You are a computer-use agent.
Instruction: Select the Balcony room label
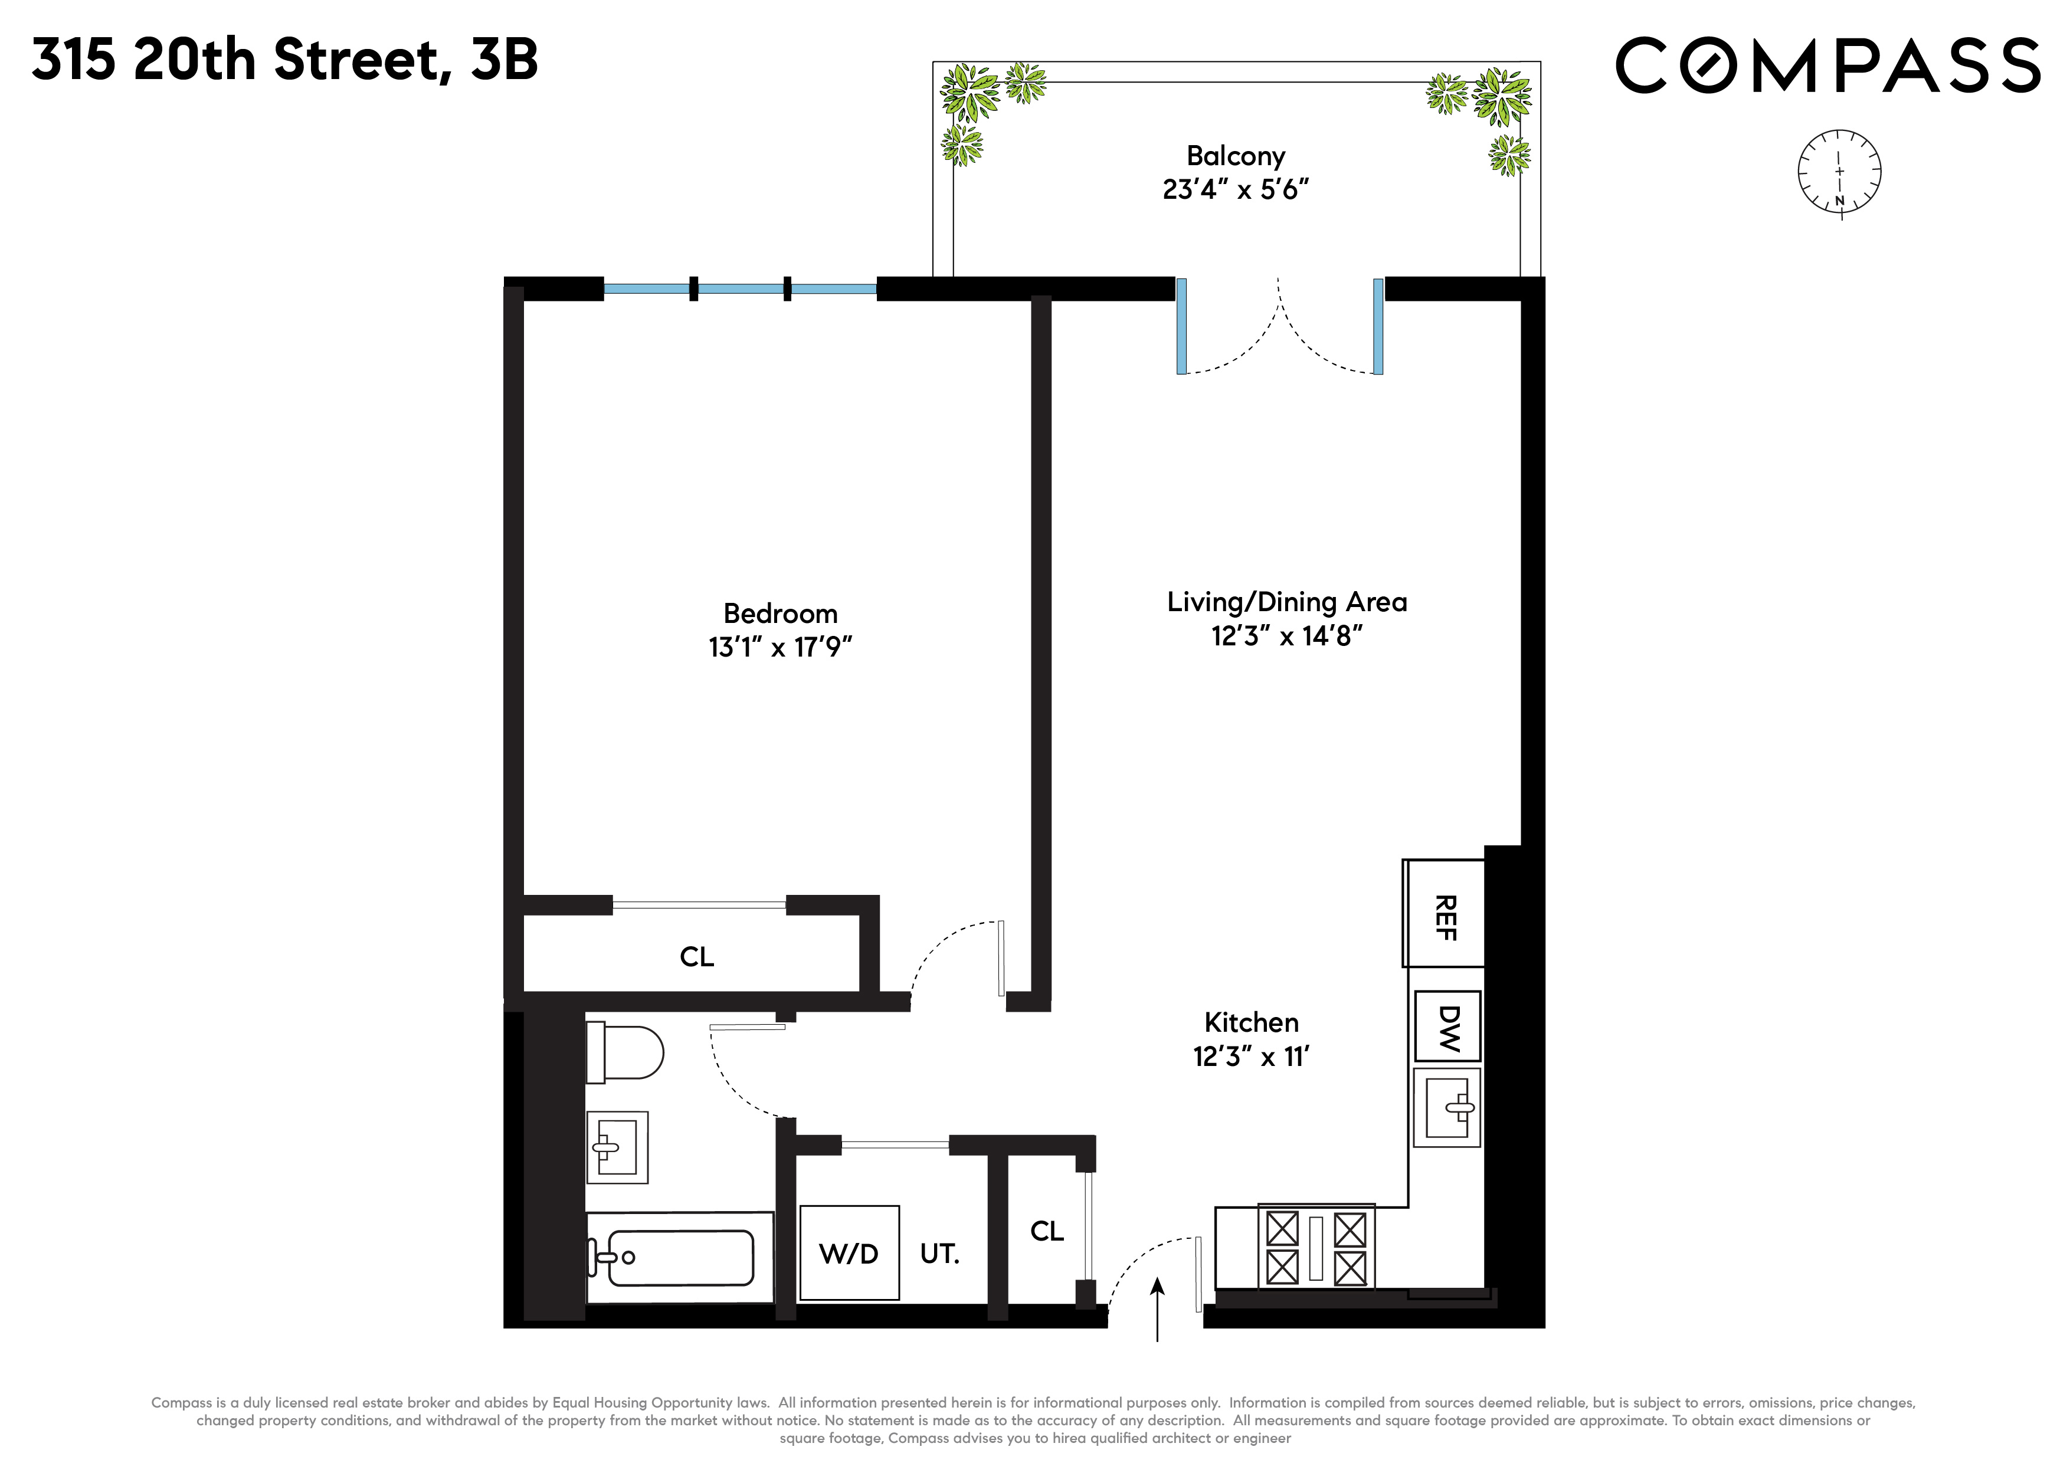pos(1235,156)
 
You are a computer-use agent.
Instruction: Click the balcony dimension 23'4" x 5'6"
pos(1235,190)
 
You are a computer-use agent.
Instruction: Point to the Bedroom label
pos(780,614)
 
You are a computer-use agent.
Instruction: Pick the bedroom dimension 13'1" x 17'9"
pos(780,647)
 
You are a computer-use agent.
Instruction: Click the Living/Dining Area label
pos(1286,602)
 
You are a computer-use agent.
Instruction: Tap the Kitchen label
pos(1252,1022)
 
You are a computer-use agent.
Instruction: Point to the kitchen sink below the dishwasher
pos(1447,1108)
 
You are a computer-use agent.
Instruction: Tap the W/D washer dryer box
pos(849,1253)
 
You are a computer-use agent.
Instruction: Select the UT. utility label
pos(939,1254)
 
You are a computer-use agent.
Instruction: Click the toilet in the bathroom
pos(624,1052)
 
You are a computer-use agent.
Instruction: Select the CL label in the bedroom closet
pos(696,956)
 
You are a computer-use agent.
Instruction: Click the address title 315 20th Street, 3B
pos(285,60)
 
